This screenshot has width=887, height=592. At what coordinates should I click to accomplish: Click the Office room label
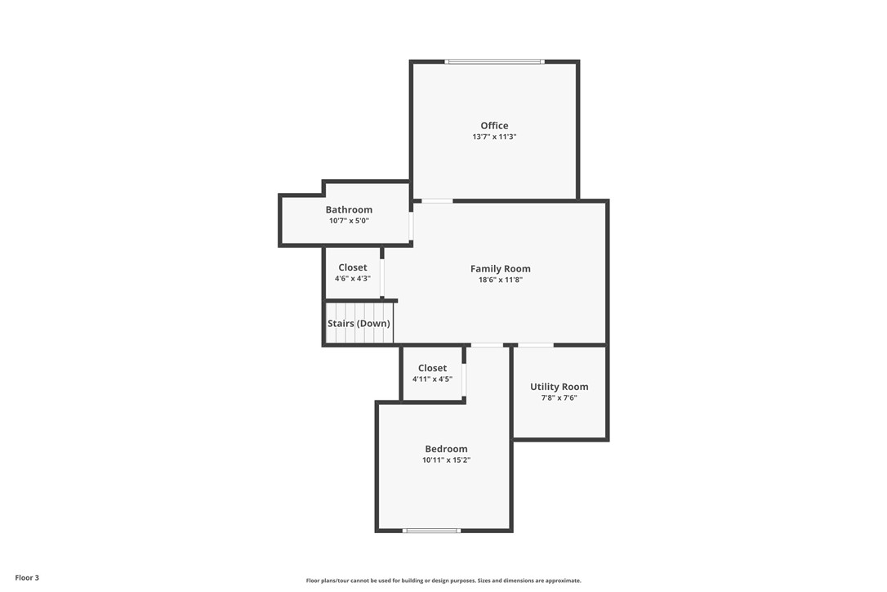click(494, 125)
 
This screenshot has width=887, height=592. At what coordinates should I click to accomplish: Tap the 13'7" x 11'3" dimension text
click(494, 137)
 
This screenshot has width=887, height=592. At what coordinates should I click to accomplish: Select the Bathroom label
click(349, 209)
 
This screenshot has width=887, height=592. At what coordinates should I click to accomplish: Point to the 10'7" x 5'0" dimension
click(349, 221)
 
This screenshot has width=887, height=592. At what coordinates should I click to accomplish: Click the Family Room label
click(500, 268)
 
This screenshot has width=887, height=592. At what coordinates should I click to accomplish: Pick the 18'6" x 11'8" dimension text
click(500, 280)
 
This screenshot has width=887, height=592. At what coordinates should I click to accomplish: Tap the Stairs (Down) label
click(359, 323)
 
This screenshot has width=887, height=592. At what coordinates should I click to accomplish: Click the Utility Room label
click(559, 387)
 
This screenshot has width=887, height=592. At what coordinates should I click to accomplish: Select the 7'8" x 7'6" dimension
click(559, 398)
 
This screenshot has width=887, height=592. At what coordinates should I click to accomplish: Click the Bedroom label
click(446, 449)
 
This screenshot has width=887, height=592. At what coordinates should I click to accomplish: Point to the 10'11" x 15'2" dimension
click(446, 460)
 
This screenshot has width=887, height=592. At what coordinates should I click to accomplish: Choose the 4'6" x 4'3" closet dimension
click(352, 279)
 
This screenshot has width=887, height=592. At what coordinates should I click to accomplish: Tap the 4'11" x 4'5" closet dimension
click(432, 379)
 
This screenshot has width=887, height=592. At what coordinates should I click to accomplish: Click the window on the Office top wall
click(494, 61)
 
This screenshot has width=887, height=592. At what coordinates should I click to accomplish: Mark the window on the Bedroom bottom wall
click(431, 531)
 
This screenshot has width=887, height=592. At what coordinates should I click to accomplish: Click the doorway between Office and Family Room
click(437, 200)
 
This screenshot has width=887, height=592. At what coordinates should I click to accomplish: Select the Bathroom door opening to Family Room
click(411, 225)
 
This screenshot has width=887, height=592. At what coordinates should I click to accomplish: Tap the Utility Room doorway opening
click(535, 345)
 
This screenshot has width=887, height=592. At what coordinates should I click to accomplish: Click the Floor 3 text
click(27, 578)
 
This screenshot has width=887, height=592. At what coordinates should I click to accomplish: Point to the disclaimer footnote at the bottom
click(443, 581)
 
